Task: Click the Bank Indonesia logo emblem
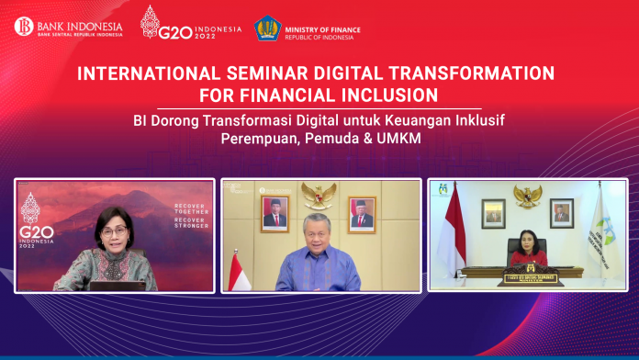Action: (24, 26)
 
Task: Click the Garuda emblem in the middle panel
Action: (319, 194)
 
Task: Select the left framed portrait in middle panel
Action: (275, 214)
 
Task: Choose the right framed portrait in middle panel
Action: (362, 214)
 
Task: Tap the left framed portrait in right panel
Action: (494, 213)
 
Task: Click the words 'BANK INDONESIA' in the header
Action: (77, 21)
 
